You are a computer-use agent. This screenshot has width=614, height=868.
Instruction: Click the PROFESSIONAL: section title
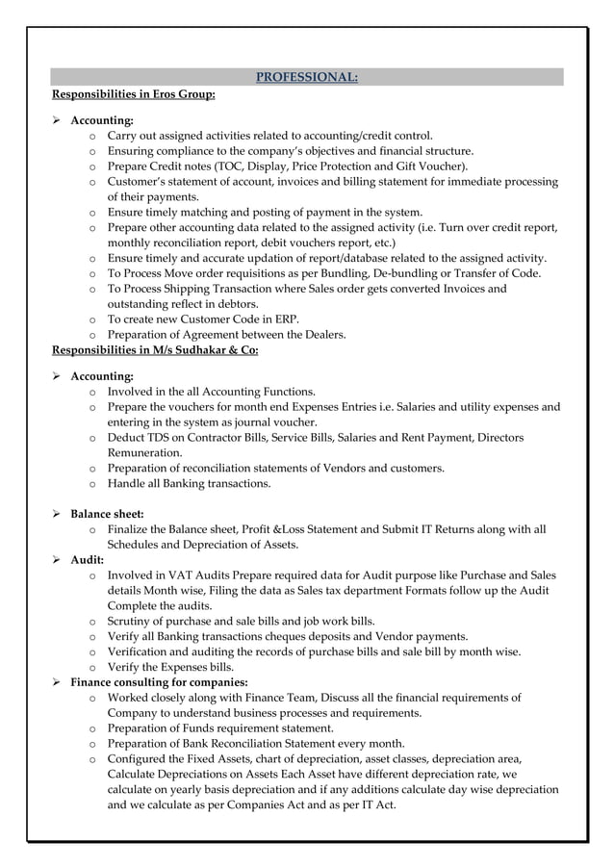pos(306,77)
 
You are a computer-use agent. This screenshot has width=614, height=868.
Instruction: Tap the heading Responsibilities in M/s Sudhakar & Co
pos(154,350)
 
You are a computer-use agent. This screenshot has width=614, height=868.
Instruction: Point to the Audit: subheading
pos(88,559)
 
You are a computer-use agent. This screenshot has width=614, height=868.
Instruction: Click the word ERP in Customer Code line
pos(285,319)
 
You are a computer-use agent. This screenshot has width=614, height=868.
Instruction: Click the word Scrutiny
pos(131,621)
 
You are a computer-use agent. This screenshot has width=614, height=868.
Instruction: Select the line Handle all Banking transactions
pos(189,483)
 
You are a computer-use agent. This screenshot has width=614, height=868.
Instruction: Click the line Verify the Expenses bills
pos(170,667)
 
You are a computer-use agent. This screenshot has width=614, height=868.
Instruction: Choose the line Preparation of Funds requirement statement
pos(220,728)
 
